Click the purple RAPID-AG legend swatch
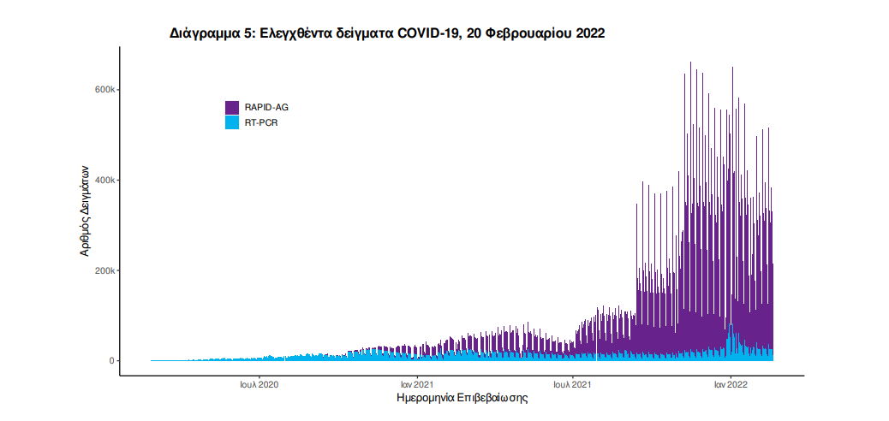click(x=232, y=108)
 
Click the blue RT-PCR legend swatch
click(x=232, y=122)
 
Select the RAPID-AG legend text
click(x=266, y=108)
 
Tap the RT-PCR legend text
click(x=261, y=122)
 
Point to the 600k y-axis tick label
click(x=104, y=90)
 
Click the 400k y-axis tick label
click(x=104, y=181)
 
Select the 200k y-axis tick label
click(x=104, y=270)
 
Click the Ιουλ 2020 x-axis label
click(x=260, y=385)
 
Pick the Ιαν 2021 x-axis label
click(x=416, y=385)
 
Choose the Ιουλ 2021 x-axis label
click(x=573, y=385)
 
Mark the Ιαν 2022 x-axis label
click(x=731, y=385)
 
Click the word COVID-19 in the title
click(x=431, y=33)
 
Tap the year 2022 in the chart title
click(x=590, y=33)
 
